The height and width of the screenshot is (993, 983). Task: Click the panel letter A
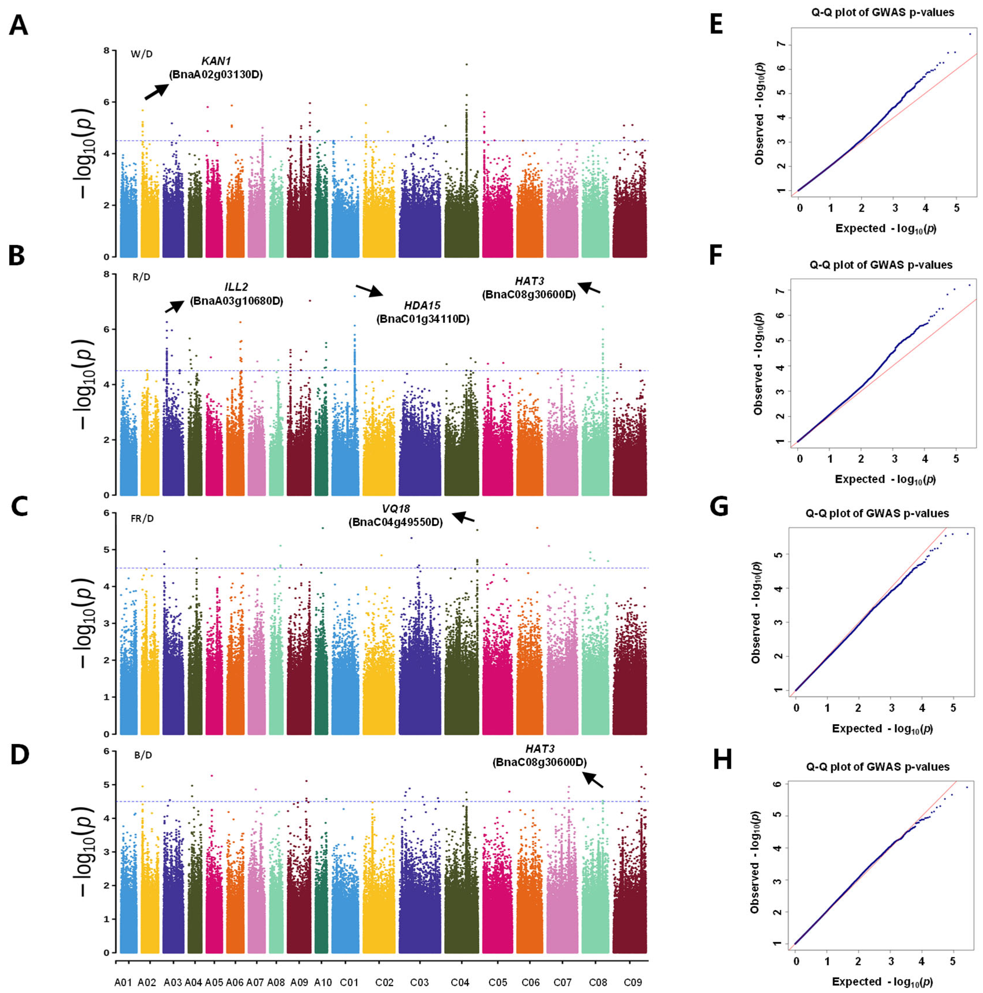tap(19, 25)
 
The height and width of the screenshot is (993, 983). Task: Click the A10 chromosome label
tap(323, 982)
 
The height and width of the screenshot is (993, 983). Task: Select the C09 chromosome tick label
tap(633, 982)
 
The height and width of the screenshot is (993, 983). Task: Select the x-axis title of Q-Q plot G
tap(882, 728)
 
